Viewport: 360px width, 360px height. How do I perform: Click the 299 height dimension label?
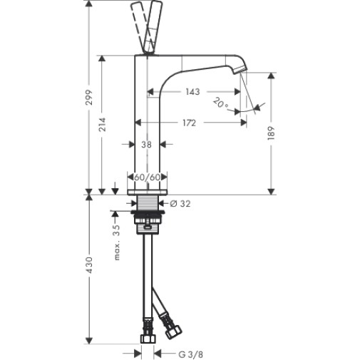(x=89, y=97)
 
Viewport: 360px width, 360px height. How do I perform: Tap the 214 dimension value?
(x=102, y=124)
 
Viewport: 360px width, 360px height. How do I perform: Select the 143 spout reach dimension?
(x=192, y=92)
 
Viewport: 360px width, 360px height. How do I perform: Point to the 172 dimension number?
(x=190, y=123)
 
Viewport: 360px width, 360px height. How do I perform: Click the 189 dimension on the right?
(x=271, y=133)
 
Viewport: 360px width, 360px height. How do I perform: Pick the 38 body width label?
(x=146, y=144)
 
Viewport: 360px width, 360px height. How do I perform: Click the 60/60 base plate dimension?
(x=148, y=177)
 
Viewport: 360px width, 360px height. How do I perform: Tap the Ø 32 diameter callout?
(x=180, y=203)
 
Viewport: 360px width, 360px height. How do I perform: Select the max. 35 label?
(x=117, y=242)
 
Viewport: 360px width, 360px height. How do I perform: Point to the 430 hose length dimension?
(x=89, y=264)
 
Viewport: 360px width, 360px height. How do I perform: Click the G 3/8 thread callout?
(x=191, y=355)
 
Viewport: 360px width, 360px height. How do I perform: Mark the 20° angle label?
(x=220, y=103)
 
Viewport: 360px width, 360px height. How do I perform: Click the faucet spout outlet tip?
(x=240, y=70)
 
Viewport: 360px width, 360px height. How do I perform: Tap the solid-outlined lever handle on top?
(x=151, y=27)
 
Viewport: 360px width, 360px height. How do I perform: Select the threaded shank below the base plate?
(x=148, y=202)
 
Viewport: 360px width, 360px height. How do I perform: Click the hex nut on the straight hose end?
(x=148, y=339)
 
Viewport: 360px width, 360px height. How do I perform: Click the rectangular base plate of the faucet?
(x=148, y=192)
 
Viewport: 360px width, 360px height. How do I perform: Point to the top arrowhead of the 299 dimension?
(x=89, y=4)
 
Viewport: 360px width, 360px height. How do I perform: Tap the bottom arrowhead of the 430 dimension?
(x=89, y=340)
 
